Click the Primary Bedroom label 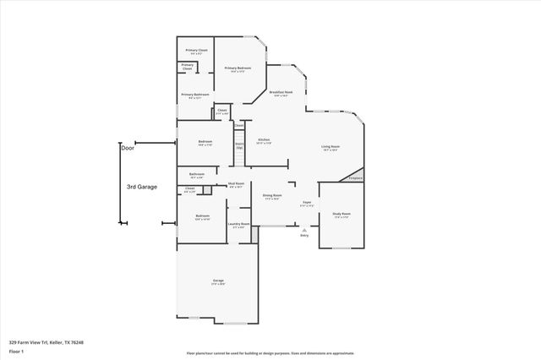pos(238,68)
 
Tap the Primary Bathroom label pos(194,95)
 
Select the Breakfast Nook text pos(281,92)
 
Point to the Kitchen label pos(264,139)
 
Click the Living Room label pos(330,148)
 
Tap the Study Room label pos(341,215)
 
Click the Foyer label pos(308,204)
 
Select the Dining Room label pos(272,196)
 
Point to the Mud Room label pos(236,183)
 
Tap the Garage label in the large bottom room pos(218,281)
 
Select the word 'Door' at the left pos(128,147)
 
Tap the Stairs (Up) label pos(239,145)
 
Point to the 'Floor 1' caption pos(16,351)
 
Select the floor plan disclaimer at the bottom pos(270,353)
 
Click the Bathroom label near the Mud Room pos(196,176)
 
